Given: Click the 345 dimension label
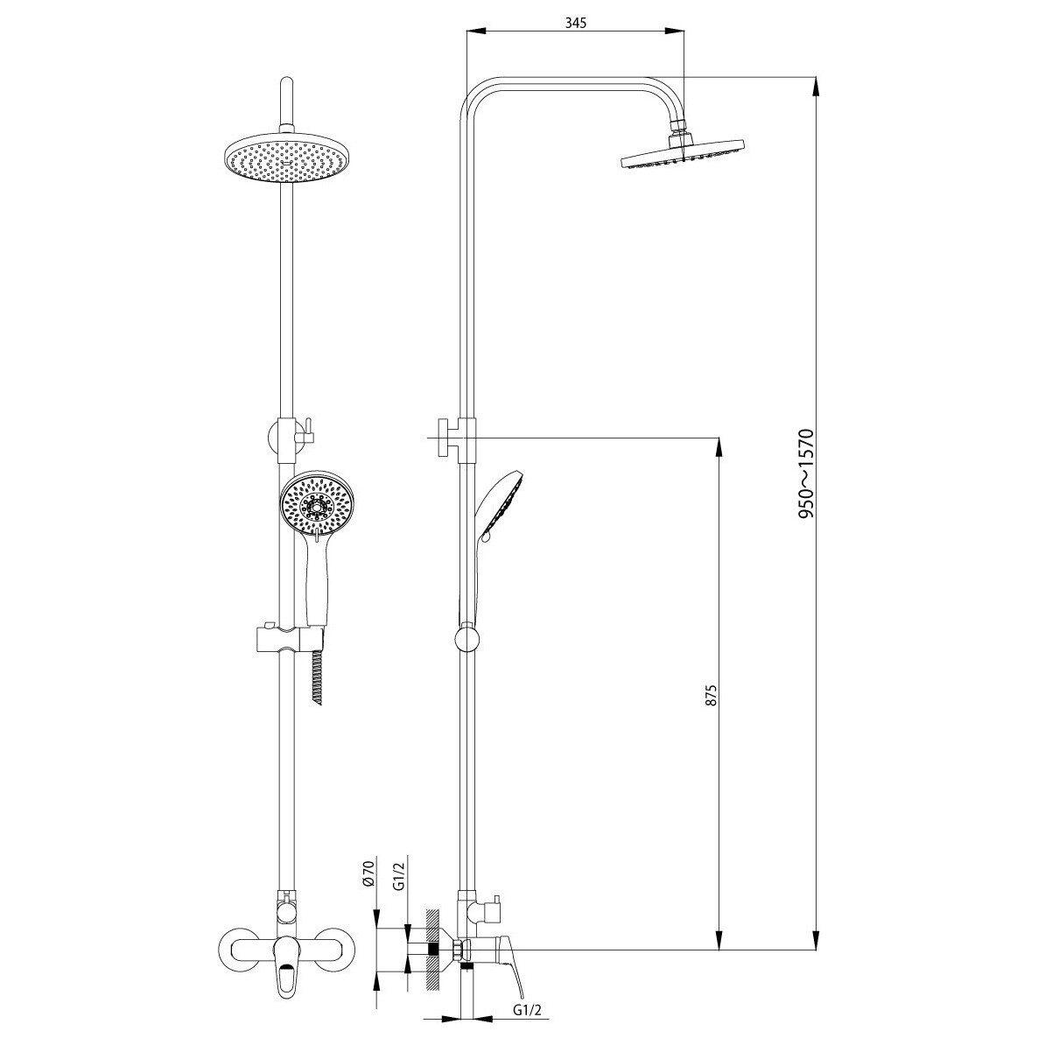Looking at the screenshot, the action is pyautogui.click(x=576, y=23).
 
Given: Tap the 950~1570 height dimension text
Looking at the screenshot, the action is pyautogui.click(x=805, y=473).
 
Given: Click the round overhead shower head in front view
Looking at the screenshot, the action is pyautogui.click(x=286, y=159).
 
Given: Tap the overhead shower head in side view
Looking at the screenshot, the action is pyautogui.click(x=682, y=153).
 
